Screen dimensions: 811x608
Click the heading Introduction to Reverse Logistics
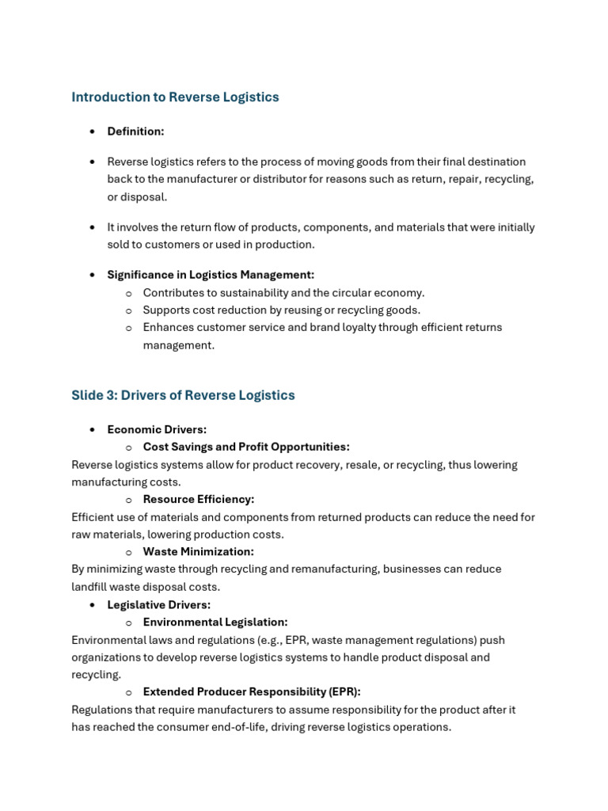175,97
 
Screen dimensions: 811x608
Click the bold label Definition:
135,131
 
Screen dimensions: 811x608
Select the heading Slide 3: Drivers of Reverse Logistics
183,395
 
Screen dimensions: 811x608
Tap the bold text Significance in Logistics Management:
211,275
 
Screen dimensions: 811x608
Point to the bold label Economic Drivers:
157,429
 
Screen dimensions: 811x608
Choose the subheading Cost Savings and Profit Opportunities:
246,447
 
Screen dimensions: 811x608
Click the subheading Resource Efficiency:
199,499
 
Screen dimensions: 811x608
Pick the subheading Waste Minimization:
199,551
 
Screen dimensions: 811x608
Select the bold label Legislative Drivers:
159,604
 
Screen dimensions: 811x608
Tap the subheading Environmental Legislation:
215,622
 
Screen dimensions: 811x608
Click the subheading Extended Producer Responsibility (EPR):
252,691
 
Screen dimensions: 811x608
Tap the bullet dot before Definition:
92,131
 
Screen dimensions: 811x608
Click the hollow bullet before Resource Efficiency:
128,500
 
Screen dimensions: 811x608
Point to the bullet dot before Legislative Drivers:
92,605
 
